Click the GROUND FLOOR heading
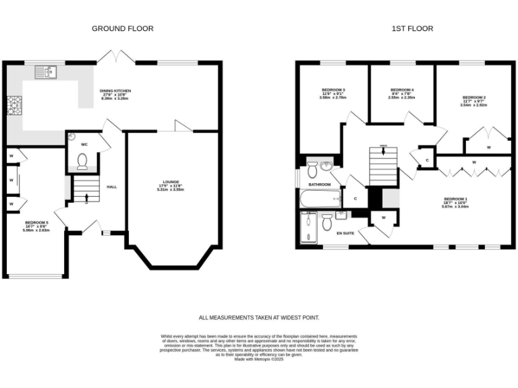[x=122, y=28]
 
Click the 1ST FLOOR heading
[x=411, y=28]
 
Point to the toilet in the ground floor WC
[x=83, y=161]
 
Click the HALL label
[x=111, y=187]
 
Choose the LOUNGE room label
[x=171, y=182]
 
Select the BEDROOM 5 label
[x=36, y=222]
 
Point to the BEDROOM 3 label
[x=333, y=90]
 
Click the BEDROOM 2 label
[x=473, y=98]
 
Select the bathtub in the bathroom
[x=321, y=199]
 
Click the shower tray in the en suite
[x=308, y=228]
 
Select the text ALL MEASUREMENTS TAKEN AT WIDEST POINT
[x=259, y=317]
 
